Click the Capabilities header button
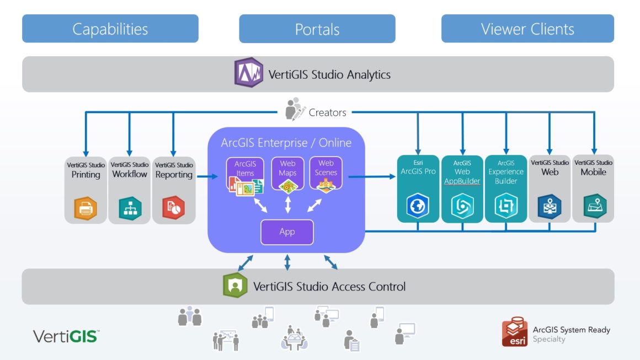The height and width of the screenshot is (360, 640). (110, 29)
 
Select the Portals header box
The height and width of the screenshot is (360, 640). (317, 29)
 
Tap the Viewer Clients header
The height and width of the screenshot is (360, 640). (527, 29)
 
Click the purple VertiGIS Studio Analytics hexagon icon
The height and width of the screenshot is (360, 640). (248, 73)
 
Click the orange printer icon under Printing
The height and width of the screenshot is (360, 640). (86, 208)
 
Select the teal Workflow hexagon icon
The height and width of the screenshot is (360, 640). (130, 208)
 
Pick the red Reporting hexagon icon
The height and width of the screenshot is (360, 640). (173, 208)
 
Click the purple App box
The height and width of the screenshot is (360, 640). (287, 232)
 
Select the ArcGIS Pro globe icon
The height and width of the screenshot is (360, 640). (418, 207)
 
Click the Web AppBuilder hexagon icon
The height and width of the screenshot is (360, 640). (462, 207)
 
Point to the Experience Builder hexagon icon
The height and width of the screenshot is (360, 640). (506, 207)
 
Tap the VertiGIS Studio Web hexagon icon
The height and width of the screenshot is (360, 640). (550, 207)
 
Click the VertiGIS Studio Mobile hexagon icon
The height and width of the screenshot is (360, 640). (594, 206)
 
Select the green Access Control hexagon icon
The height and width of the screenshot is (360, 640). (235, 286)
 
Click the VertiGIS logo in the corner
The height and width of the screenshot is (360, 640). (66, 336)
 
